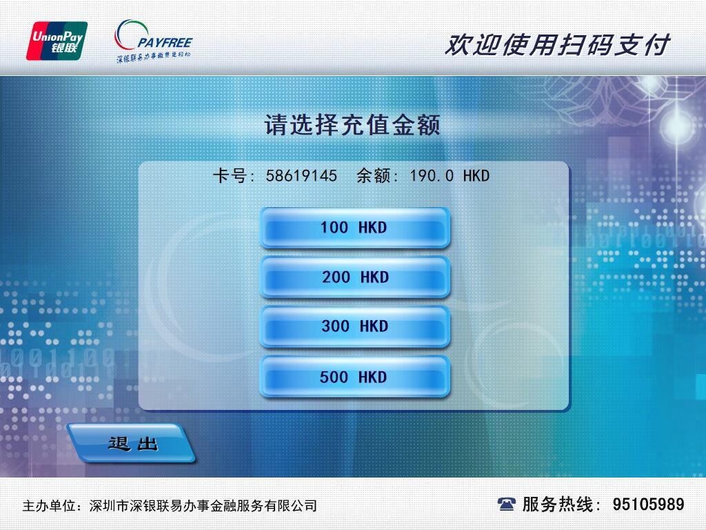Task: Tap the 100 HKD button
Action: (x=354, y=228)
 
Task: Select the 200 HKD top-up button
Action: (x=354, y=277)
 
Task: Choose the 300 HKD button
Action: (x=354, y=326)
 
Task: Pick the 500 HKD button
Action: (x=354, y=377)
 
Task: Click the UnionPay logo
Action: (x=57, y=41)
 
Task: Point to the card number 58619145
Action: (x=301, y=176)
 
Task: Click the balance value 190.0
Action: (x=432, y=176)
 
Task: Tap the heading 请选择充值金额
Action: (x=352, y=126)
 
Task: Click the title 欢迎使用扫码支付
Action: (x=556, y=45)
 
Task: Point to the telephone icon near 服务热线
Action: (x=507, y=504)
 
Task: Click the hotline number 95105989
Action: (x=648, y=504)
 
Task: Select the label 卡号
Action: (x=230, y=176)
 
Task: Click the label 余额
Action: (x=373, y=176)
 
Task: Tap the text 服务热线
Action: (x=556, y=504)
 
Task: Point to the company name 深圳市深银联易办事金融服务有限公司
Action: (x=203, y=506)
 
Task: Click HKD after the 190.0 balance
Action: (x=476, y=176)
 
